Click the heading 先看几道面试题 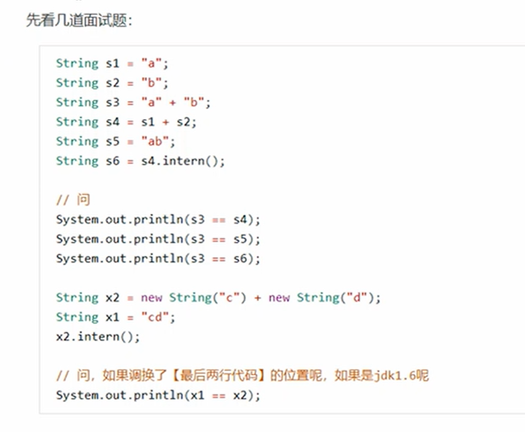(x=79, y=21)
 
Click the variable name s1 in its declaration (x=112, y=64)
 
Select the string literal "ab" (x=158, y=142)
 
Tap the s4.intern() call (x=183, y=161)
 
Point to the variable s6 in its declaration (x=112, y=161)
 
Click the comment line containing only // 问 (x=73, y=200)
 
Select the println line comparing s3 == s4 (x=158, y=220)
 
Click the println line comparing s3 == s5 (x=158, y=239)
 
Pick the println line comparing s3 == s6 (x=158, y=259)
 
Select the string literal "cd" (x=158, y=318)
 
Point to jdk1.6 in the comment (x=395, y=376)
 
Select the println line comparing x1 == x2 (x=158, y=396)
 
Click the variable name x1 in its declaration (x=112, y=318)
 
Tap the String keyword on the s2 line (x=77, y=83)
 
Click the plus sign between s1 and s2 (x=166, y=122)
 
